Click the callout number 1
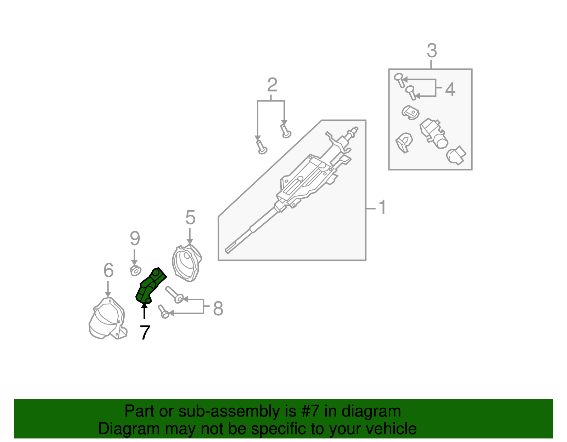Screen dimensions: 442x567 coord(382,207)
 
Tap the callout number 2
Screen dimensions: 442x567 coord(272,85)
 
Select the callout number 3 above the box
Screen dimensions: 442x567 coord(432,51)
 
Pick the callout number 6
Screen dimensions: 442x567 coord(108,270)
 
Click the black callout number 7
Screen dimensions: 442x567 coord(145,333)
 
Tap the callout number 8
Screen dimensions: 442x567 coord(218,308)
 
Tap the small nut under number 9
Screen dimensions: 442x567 coord(135,271)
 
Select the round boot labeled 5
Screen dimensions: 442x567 coord(187,263)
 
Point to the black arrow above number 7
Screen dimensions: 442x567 coord(144,311)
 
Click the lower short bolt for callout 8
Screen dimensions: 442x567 coord(163,311)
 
